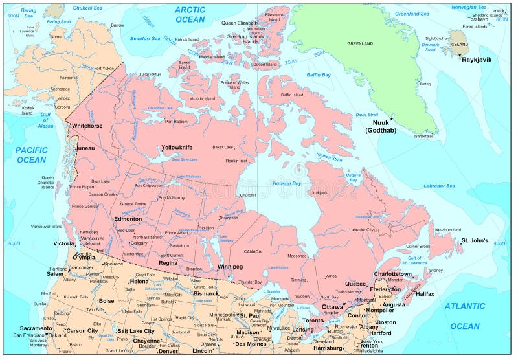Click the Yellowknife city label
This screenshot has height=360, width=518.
[x=177, y=147]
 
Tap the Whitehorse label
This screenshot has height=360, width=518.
[x=87, y=126]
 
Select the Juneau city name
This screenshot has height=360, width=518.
[x=85, y=148]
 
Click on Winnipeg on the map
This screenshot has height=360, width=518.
[x=230, y=266]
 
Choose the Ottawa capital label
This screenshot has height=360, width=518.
[x=332, y=306]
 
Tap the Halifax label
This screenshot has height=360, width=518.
[x=425, y=293]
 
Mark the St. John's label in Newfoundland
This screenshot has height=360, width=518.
[x=474, y=240]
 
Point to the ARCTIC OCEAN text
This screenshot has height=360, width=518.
[x=190, y=14]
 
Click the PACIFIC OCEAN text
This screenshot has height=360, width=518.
[x=31, y=154]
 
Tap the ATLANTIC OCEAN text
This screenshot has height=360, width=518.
[x=465, y=315]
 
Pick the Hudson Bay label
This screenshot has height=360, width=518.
[x=287, y=183]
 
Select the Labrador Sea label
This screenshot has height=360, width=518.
[x=439, y=186]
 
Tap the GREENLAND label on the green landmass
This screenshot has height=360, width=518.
[x=360, y=43]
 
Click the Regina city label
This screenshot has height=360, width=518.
[x=168, y=263]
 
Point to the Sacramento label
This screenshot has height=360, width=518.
[x=36, y=328]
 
